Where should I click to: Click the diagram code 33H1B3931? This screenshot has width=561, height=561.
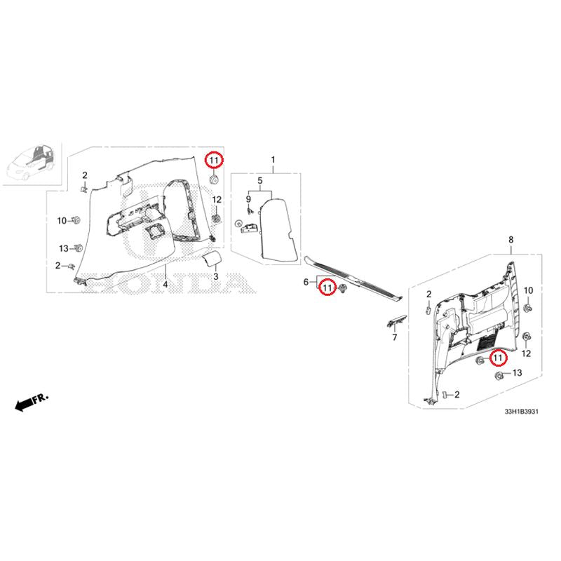tap(521, 412)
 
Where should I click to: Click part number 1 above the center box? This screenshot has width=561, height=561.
tap(273, 160)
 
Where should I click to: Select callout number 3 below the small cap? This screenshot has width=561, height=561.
tap(216, 276)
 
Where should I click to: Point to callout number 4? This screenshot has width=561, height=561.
tap(165, 285)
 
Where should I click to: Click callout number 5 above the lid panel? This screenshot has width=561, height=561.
tap(260, 181)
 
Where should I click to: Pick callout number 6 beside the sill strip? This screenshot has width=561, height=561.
tap(306, 282)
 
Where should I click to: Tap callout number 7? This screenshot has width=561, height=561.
tap(395, 337)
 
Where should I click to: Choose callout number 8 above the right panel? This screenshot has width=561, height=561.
tap(511, 240)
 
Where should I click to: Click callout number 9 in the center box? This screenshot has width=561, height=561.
tap(249, 199)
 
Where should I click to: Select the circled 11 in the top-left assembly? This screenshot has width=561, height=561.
tap(214, 161)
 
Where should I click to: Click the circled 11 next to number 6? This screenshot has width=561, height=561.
tap(327, 288)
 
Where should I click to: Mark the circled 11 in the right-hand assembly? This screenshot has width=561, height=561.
tap(498, 358)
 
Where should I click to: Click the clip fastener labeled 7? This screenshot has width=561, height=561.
tap(397, 321)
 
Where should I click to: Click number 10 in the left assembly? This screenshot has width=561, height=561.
tap(62, 221)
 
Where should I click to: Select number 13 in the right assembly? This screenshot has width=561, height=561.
tap(518, 373)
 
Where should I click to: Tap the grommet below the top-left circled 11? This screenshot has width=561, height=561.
tap(214, 180)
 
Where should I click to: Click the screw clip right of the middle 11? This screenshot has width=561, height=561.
tap(343, 288)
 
